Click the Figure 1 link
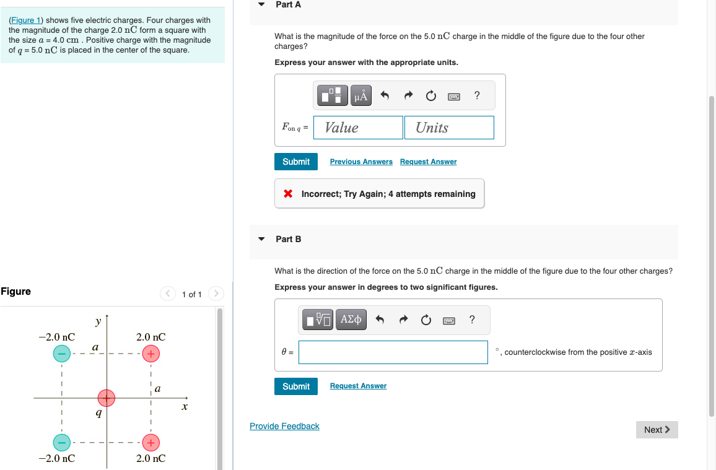(26, 20)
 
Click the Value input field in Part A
(359, 128)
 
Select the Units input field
(449, 128)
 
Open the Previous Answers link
(361, 162)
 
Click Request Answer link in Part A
(429, 162)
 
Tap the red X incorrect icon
(288, 193)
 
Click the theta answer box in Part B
(393, 352)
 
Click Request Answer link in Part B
(359, 386)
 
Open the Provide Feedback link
(284, 426)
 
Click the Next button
(657, 430)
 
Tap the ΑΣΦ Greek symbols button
(351, 320)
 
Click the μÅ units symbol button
(360, 95)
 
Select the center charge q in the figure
(107, 398)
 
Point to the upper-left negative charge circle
(62, 353)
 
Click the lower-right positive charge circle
(151, 442)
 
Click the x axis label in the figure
(185, 407)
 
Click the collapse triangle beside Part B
(261, 238)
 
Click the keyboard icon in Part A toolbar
(454, 96)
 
